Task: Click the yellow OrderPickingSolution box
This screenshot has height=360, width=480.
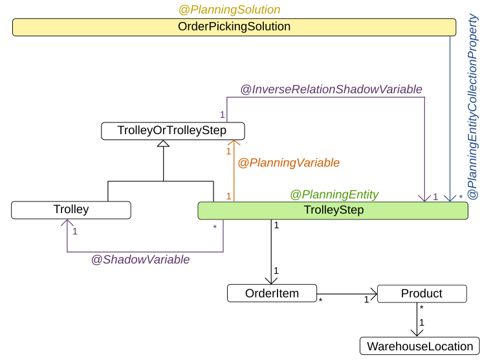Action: (x=234, y=27)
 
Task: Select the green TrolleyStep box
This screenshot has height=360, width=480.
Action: (x=333, y=210)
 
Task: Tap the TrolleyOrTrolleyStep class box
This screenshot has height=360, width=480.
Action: (x=171, y=131)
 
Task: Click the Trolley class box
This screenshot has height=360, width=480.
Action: (x=71, y=210)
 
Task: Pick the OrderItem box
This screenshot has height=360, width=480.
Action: (x=272, y=293)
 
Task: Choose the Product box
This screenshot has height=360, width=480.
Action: (x=421, y=293)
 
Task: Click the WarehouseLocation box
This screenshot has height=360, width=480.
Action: (x=420, y=346)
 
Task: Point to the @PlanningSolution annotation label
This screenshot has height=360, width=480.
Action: (x=229, y=10)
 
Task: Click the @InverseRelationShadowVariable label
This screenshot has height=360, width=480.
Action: (x=331, y=89)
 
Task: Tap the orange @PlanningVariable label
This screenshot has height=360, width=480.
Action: (x=289, y=163)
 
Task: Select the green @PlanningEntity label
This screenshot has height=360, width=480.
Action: (x=334, y=194)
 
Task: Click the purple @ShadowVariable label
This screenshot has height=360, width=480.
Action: (x=140, y=260)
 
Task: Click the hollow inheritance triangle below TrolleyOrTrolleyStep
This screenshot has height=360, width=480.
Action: (x=163, y=144)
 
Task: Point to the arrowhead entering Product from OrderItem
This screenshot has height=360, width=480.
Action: (x=373, y=293)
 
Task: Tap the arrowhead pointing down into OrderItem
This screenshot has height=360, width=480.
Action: (x=271, y=280)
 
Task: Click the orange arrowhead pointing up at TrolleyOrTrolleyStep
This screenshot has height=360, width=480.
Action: (x=234, y=144)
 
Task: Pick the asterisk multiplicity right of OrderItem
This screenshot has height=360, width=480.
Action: (x=321, y=301)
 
